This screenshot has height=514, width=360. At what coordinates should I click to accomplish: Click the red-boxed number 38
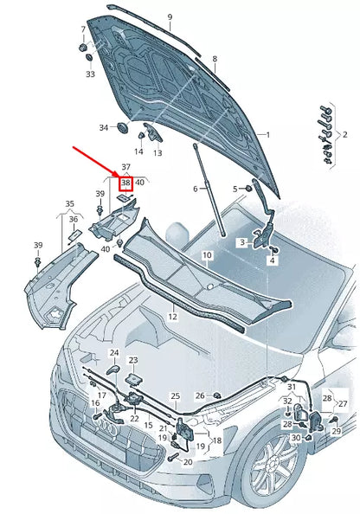[125, 183]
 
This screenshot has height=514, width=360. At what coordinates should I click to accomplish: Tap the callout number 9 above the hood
[170, 17]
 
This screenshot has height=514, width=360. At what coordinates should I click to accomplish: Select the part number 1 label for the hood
[267, 135]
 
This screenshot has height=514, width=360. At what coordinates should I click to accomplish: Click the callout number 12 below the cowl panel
[172, 317]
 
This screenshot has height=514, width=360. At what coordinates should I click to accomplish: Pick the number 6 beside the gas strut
[196, 189]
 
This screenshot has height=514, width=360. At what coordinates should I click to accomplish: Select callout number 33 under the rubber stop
[90, 74]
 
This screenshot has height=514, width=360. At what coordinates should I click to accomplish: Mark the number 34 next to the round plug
[104, 127]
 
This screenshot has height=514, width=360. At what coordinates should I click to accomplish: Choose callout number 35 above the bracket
[71, 204]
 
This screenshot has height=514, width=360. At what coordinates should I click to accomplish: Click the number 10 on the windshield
[207, 255]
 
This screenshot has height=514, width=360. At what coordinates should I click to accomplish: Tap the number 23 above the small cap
[132, 360]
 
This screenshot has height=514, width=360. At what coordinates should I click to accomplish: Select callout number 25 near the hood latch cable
[175, 396]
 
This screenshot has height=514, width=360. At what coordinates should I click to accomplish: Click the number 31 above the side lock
[292, 386]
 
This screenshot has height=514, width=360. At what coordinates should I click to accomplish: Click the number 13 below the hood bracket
[157, 152]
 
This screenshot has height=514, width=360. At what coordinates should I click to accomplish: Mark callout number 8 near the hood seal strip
[215, 59]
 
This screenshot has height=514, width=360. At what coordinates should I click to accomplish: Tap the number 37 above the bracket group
[125, 166]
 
